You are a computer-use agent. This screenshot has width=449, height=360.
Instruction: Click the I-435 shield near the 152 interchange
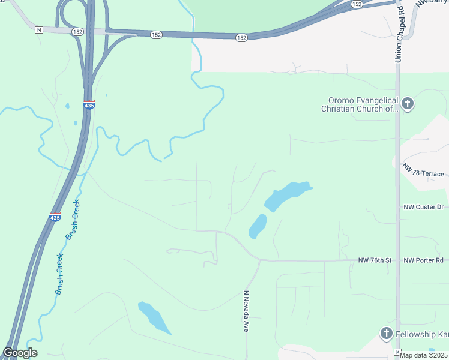[x=89, y=104]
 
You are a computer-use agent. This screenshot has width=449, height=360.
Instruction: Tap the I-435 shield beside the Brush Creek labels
[x=55, y=217]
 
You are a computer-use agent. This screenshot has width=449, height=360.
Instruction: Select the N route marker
[x=39, y=29]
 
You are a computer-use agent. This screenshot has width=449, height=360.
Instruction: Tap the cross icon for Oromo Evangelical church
[x=408, y=104]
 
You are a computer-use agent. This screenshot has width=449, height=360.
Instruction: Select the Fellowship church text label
[x=421, y=334]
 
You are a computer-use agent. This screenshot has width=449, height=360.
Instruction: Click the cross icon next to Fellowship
[x=386, y=333]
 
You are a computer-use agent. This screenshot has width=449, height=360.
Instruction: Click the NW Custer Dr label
[x=423, y=207]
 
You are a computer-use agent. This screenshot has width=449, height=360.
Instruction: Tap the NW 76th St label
[x=375, y=260]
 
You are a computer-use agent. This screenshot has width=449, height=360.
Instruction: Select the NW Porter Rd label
[x=424, y=260]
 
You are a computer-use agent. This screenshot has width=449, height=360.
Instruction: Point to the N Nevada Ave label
[x=246, y=311]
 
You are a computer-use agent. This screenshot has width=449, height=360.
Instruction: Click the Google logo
[x=19, y=353]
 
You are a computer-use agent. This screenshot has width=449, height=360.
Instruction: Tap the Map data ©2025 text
[x=423, y=355]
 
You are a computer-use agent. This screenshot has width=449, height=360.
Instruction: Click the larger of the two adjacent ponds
[x=288, y=196]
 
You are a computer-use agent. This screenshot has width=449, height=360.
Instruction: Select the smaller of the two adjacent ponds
[x=258, y=226]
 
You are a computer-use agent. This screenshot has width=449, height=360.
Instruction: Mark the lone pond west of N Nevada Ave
[x=154, y=317]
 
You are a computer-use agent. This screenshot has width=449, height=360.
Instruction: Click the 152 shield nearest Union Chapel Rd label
[x=357, y=4]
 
